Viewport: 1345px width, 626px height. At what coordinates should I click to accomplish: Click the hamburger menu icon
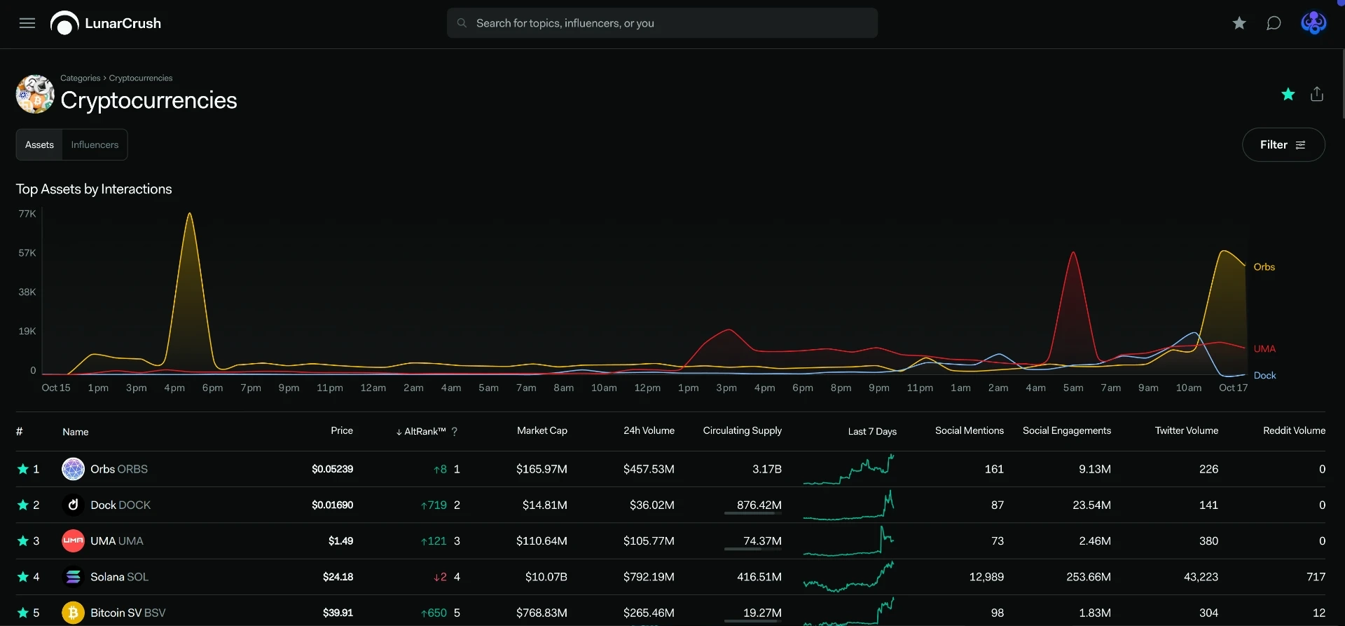click(27, 23)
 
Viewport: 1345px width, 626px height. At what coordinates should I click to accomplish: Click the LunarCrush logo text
click(123, 23)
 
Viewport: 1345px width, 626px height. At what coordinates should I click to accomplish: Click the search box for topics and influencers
click(662, 23)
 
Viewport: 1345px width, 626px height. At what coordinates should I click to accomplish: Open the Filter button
click(1283, 144)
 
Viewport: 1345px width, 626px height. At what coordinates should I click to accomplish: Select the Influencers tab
click(95, 144)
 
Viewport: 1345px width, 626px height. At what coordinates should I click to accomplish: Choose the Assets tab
click(39, 144)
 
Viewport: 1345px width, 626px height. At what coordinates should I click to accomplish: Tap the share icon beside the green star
click(1317, 94)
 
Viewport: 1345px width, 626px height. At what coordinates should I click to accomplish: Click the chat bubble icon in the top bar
click(1274, 23)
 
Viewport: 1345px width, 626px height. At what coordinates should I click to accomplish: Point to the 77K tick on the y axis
click(27, 214)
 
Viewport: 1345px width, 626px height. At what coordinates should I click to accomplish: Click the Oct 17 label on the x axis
click(1233, 388)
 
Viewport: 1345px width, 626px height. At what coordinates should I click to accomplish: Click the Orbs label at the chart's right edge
click(1264, 267)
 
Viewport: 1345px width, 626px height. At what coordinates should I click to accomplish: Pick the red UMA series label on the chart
click(1264, 349)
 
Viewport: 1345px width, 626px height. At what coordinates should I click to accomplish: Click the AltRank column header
click(425, 431)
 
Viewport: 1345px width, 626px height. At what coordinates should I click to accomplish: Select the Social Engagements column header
click(1066, 430)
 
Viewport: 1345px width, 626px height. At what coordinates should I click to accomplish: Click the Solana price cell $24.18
click(338, 577)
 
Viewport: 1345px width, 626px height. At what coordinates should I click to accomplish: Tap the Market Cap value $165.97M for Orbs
click(542, 469)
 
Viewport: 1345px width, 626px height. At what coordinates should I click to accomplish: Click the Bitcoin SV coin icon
click(73, 613)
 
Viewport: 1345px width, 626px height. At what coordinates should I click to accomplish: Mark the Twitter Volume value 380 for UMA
click(1208, 541)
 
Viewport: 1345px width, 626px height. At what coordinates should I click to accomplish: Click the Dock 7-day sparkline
click(849, 505)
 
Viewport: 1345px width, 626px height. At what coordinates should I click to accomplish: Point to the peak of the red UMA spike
click(1072, 252)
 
